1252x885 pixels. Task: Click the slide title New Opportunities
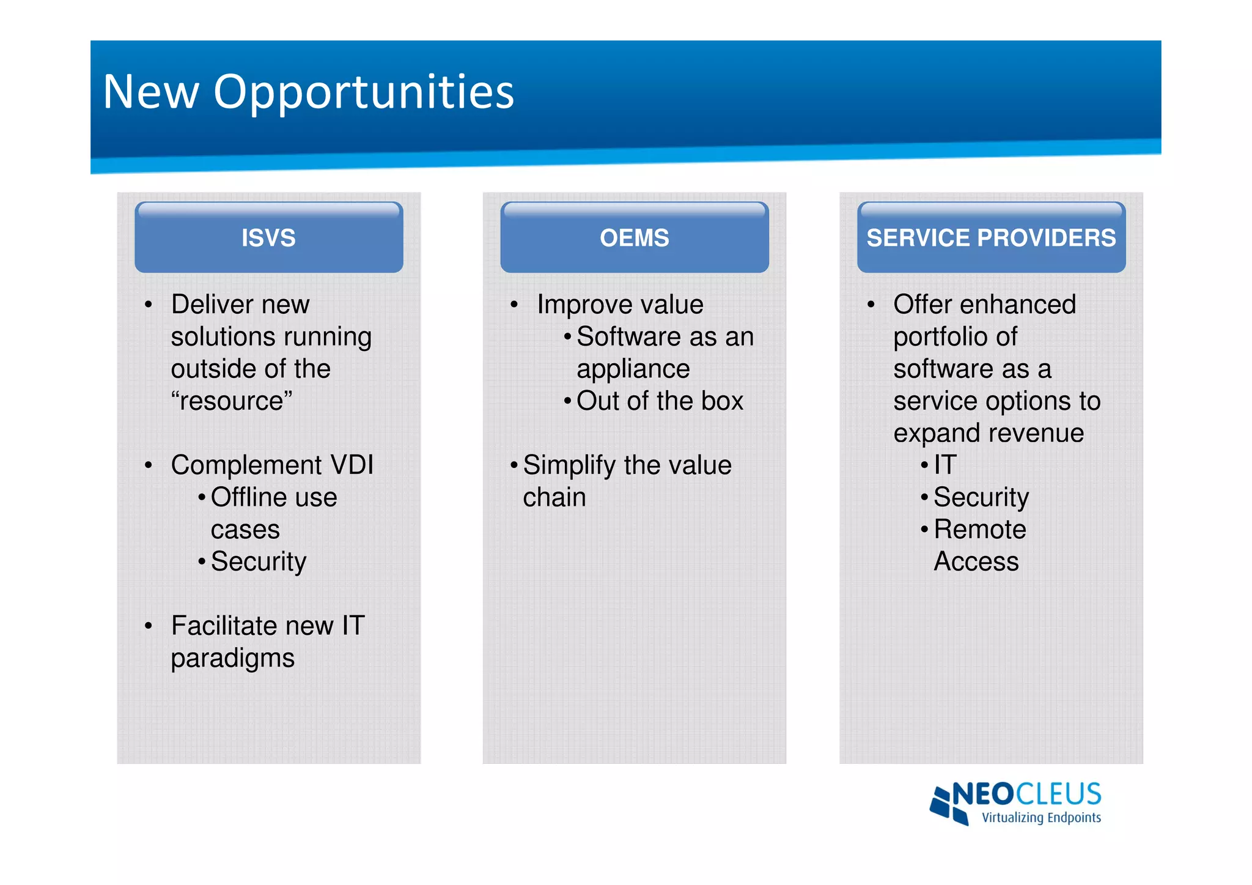[x=309, y=92]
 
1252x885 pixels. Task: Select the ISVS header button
[x=268, y=238]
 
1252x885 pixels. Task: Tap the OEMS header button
[x=634, y=238]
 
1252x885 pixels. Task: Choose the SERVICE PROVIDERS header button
[x=991, y=238]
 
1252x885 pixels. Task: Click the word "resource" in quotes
[x=232, y=401]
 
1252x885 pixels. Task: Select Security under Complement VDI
[x=258, y=561]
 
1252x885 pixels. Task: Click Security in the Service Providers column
[x=981, y=497]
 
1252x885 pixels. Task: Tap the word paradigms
[x=232, y=659]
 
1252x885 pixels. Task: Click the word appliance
[x=633, y=369]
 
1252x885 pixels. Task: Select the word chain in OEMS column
[x=554, y=497]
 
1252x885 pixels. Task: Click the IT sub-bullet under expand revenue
[x=945, y=465]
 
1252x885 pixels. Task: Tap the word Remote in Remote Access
[x=979, y=529]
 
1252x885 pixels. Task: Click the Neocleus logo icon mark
[x=948, y=804]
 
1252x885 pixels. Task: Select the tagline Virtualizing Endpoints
[x=1040, y=818]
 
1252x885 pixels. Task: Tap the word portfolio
[x=955, y=337]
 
